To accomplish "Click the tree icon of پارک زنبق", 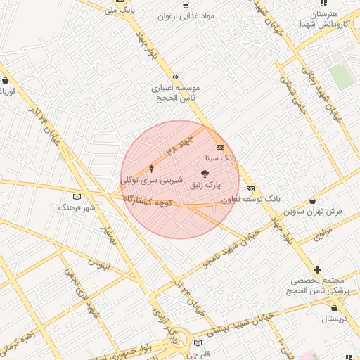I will pyautogui.click(x=205, y=173).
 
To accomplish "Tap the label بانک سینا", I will pyautogui.click(x=220, y=160).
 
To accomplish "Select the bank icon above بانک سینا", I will pyautogui.click(x=220, y=148).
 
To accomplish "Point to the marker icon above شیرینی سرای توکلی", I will pyautogui.click(x=152, y=168).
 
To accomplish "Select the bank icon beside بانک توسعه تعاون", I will pyautogui.click(x=251, y=188).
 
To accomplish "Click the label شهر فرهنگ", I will pyautogui.click(x=77, y=208).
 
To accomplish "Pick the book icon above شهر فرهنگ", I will pyautogui.click(x=77, y=196).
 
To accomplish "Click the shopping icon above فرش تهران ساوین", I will pyautogui.click(x=312, y=200).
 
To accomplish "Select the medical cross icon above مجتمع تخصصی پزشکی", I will pyautogui.click(x=318, y=269).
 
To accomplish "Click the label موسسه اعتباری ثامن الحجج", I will pyautogui.click(x=176, y=93).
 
